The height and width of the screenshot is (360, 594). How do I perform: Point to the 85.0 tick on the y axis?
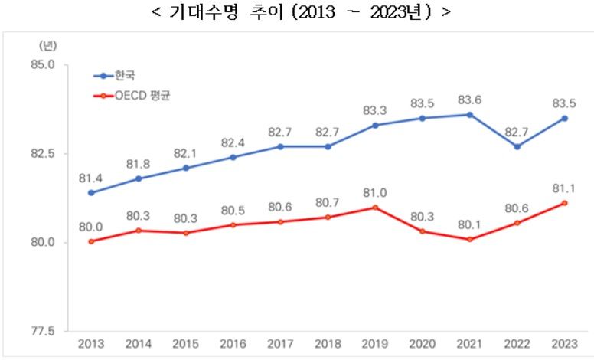pos(43,65)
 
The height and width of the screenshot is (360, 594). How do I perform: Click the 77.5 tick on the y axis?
pos(43,332)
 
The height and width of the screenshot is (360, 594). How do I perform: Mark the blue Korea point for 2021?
pos(470,115)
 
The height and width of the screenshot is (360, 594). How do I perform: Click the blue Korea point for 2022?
pos(517,146)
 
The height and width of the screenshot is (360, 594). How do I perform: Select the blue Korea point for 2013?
pos(91,193)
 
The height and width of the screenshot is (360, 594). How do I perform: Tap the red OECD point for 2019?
pos(375,208)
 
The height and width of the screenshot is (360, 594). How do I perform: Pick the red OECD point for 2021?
pos(470,239)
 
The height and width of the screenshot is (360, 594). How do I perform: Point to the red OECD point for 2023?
pos(564,203)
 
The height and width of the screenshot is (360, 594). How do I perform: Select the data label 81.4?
pos(91,178)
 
